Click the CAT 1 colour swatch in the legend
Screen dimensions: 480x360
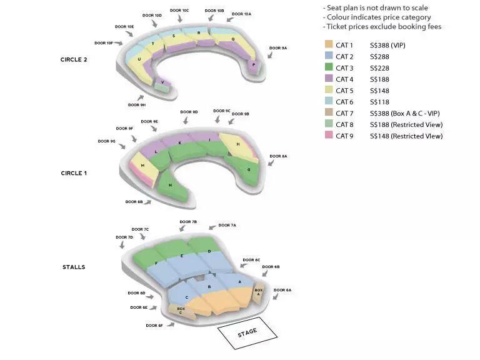click(329, 46)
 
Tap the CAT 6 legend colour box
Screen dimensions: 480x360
click(329, 102)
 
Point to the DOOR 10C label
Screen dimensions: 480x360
click(179, 11)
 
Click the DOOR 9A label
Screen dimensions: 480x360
click(278, 48)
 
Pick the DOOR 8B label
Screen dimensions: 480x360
click(134, 202)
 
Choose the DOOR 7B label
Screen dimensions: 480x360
click(188, 222)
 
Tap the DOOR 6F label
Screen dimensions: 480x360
click(154, 325)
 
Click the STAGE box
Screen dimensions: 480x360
click(247, 332)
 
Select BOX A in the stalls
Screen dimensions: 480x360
click(258, 292)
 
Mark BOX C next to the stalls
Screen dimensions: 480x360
click(181, 309)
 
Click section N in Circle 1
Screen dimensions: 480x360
click(170, 185)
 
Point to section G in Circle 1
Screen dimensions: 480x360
click(248, 169)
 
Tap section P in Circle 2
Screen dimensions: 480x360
click(253, 64)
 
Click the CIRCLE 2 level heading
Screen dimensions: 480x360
click(74, 59)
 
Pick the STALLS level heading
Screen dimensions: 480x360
click(74, 267)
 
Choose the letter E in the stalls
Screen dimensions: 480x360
click(182, 256)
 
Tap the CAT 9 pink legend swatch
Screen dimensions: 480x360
click(329, 136)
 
